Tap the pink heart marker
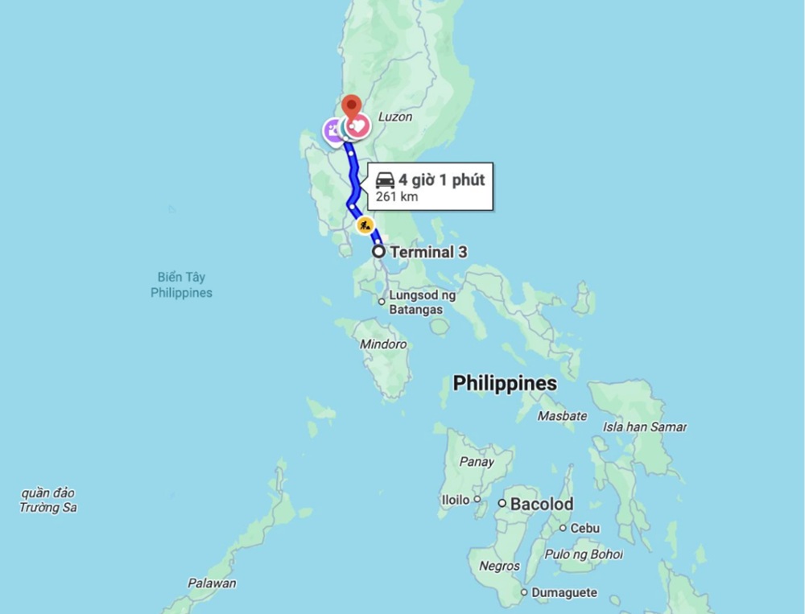358,126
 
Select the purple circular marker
334,130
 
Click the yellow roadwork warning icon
365,225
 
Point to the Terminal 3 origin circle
378,252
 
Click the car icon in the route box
385,179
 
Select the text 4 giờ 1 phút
441,179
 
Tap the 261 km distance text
397,196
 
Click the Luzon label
395,117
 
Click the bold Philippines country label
505,383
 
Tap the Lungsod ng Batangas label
422,303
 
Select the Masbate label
562,416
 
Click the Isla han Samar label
644,427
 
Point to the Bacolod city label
541,505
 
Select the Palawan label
212,583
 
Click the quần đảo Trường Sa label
48,500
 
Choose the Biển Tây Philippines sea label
181,285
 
